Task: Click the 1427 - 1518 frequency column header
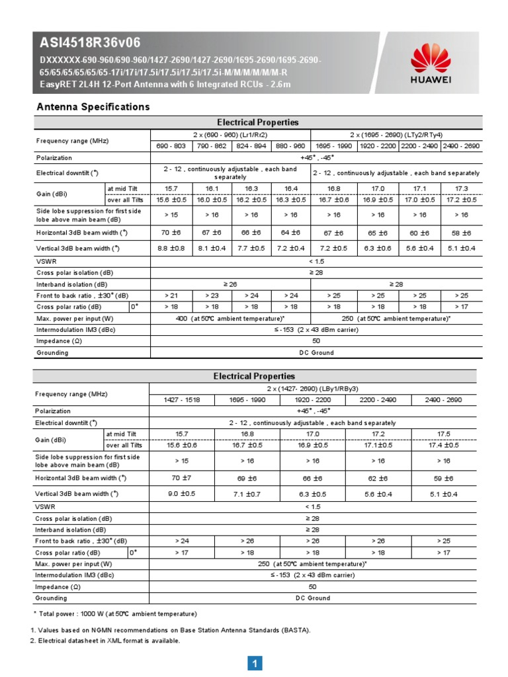pos(181,399)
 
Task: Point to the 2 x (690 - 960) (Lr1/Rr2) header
pos(230,134)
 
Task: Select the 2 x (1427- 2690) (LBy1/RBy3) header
pos(312,388)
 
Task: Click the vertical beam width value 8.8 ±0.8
pos(171,248)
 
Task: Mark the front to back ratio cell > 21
pos(171,295)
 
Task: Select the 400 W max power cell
pos(230,318)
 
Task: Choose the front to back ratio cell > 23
pos(211,295)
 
